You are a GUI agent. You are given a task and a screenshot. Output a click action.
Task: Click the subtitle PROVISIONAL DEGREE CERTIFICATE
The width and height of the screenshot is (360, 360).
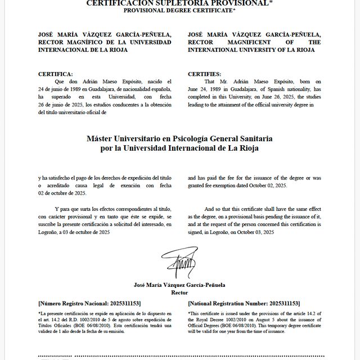tap(179, 11)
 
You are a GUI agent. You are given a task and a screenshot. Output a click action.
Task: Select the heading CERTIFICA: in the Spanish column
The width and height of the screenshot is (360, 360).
tap(55, 74)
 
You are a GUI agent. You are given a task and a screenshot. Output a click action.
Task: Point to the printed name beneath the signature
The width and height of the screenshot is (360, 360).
tap(179, 285)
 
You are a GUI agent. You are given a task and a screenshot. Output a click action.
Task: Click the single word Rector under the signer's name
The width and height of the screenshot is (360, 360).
tap(179, 292)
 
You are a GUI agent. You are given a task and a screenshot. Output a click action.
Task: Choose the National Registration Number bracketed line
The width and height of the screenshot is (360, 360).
tap(244, 303)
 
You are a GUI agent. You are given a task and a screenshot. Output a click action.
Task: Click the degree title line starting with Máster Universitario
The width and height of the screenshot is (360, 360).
tap(179, 138)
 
